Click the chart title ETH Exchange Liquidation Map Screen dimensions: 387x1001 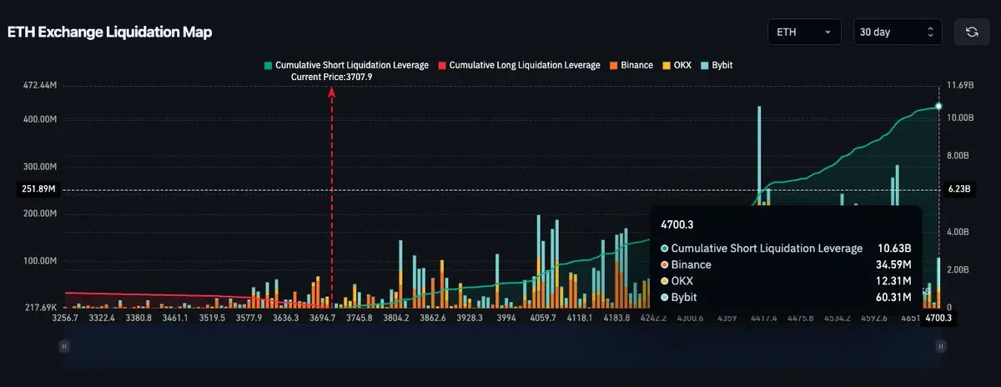pos(109,33)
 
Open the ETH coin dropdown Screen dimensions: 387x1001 pos(804,32)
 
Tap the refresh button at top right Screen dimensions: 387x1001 pos(972,32)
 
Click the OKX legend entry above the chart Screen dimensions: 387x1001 pos(678,64)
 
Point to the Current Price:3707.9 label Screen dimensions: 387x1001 pos(331,77)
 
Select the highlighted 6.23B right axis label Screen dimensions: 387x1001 pos(959,189)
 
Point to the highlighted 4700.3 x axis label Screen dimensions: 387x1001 pos(938,318)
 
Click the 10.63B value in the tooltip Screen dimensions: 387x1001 pos(894,249)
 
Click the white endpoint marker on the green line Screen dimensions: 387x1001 pos(938,106)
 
